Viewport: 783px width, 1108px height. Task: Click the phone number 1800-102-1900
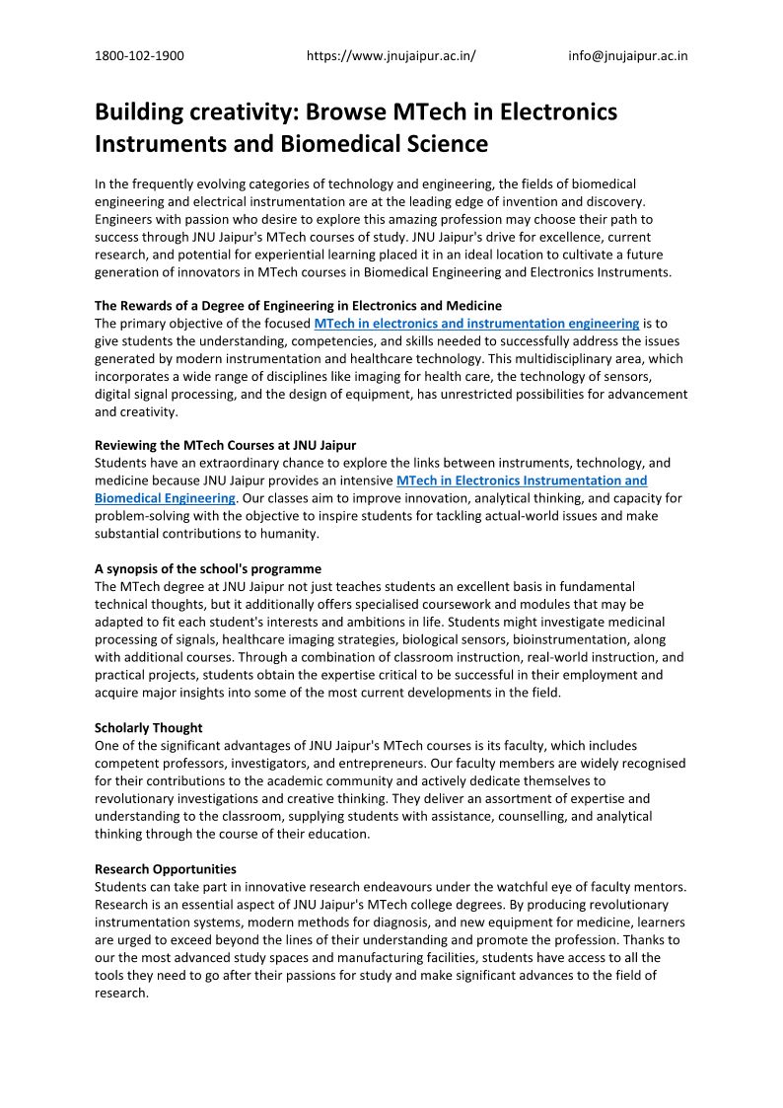pyautogui.click(x=139, y=56)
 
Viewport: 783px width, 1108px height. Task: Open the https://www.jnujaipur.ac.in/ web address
pyautogui.click(x=391, y=56)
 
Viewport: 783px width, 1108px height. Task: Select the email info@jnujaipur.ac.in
pyautogui.click(x=627, y=56)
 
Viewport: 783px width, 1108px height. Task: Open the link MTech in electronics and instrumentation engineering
pyautogui.click(x=476, y=324)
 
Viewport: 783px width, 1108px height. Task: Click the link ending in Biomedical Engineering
pyautogui.click(x=165, y=498)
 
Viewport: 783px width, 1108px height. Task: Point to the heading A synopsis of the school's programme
pyautogui.click(x=208, y=569)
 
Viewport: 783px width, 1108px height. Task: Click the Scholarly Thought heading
pyautogui.click(x=149, y=728)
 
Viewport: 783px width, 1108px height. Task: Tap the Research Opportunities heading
pyautogui.click(x=166, y=869)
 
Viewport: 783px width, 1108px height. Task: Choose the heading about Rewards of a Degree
pyautogui.click(x=298, y=306)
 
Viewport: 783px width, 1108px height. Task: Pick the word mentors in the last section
pyautogui.click(x=660, y=887)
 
